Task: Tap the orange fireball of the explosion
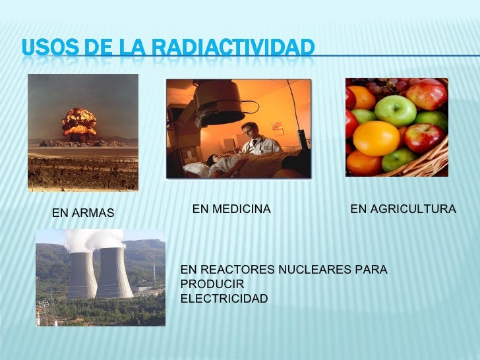pyautogui.click(x=79, y=122)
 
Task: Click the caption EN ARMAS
pyautogui.click(x=82, y=213)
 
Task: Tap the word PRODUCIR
pyautogui.click(x=212, y=284)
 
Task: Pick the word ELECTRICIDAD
pyautogui.click(x=224, y=299)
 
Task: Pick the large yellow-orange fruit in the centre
pyautogui.click(x=376, y=138)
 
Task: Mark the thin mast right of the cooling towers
pyautogui.click(x=154, y=270)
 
